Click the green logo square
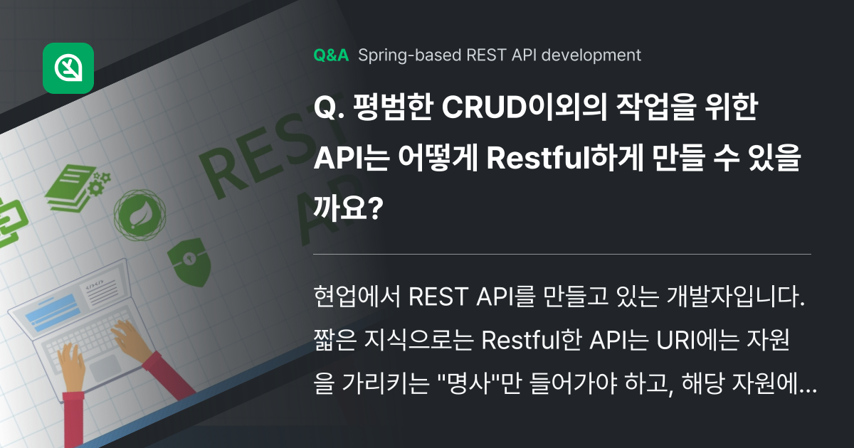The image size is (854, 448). pos(68,68)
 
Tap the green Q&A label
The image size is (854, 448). pos(331,55)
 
